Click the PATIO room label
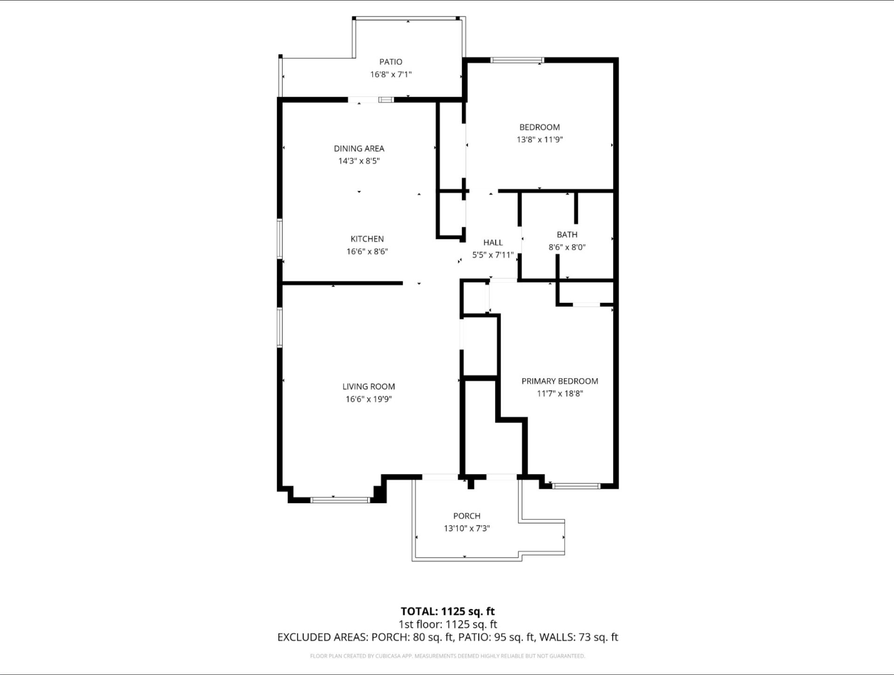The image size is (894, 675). [x=391, y=61]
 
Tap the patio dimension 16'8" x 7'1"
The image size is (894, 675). [x=391, y=74]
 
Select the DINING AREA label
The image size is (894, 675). [x=359, y=149]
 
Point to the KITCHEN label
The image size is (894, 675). [x=367, y=239]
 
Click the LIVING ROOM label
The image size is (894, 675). [x=369, y=387]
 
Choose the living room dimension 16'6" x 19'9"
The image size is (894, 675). [x=369, y=399]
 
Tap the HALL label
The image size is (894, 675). [x=493, y=242]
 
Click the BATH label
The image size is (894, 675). [x=567, y=235]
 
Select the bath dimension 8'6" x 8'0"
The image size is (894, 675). [x=567, y=247]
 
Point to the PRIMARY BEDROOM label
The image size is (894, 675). [x=560, y=381]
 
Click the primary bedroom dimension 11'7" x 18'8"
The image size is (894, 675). [x=560, y=394]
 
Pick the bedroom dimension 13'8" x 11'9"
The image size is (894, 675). [x=540, y=139]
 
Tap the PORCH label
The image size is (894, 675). [x=467, y=516]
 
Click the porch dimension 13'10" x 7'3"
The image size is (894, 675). [x=467, y=528]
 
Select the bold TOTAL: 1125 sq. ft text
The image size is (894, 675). [x=448, y=611]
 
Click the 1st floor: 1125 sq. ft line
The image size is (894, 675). [x=448, y=624]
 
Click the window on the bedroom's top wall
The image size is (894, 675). [x=518, y=60]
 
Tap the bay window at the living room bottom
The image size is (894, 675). [x=340, y=500]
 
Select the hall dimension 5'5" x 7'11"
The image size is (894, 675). [x=493, y=255]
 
